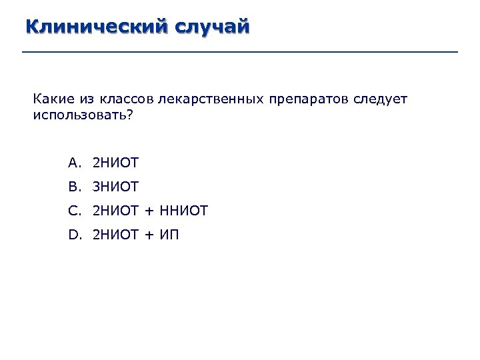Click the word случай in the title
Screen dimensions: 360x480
point(212,27)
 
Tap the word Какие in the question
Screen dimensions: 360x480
point(49,100)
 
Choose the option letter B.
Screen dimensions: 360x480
point(73,187)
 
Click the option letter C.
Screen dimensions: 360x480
point(73,211)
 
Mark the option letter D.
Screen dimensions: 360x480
point(73,235)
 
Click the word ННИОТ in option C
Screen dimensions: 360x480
point(184,211)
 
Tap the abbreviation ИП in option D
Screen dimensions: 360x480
point(170,235)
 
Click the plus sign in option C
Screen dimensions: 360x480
point(149,212)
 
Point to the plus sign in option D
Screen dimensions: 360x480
point(149,235)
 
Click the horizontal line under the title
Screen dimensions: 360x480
point(240,52)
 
